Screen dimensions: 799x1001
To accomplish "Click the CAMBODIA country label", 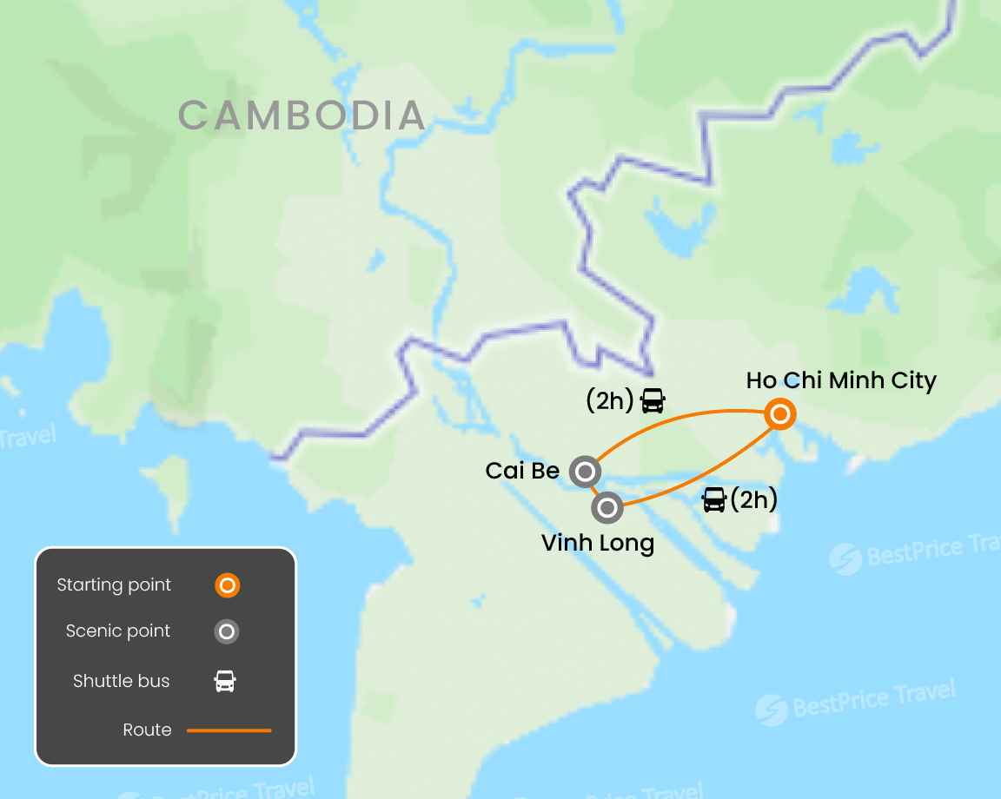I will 302,116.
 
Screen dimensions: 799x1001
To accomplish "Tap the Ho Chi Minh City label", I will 841,380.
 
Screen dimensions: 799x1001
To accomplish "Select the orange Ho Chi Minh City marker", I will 780,415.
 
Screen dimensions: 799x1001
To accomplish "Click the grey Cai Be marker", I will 585,472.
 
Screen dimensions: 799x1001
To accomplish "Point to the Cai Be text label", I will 522,471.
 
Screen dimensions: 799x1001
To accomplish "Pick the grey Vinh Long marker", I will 607,507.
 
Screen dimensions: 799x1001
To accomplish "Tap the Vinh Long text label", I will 597,544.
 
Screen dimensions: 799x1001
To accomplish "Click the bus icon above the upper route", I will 653,400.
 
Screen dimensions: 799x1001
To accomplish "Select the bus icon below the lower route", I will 714,499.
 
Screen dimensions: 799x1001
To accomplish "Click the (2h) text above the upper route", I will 610,400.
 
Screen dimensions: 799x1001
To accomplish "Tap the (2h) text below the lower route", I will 753,499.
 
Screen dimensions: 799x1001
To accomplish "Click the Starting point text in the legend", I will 114,584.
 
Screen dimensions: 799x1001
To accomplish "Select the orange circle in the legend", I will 227,585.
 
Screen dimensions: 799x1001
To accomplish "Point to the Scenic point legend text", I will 118,631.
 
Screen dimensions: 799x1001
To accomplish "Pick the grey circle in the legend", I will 227,631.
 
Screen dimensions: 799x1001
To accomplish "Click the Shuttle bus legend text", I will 121,681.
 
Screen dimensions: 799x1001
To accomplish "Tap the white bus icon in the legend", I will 226,681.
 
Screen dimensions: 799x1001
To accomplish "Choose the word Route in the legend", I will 147,730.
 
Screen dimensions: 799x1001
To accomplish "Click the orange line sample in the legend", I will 229,730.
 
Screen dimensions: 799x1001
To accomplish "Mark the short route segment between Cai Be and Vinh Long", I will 596,490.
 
